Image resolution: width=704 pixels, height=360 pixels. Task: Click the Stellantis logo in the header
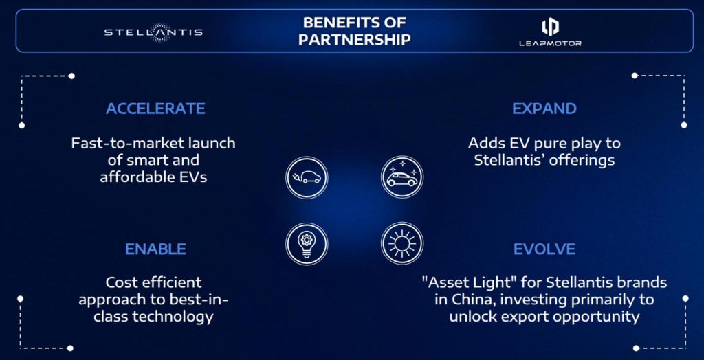coord(153,32)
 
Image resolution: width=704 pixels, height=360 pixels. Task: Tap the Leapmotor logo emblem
coord(550,27)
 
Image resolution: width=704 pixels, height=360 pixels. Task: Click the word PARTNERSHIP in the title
coord(355,39)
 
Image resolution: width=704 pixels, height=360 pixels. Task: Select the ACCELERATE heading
coord(156,109)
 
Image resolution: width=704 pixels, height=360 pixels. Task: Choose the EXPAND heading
coord(544,109)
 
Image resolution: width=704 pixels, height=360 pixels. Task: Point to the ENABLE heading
coord(156,249)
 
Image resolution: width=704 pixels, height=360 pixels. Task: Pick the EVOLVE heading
coord(544,249)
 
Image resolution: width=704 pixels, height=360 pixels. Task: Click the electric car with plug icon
coord(307,177)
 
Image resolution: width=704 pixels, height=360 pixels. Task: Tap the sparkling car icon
coord(401,177)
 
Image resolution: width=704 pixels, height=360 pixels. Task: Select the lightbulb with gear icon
coord(307,244)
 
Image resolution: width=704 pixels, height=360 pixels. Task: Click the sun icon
coord(401,244)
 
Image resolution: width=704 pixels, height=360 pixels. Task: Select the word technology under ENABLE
coord(173,317)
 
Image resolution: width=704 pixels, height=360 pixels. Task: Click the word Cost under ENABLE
coord(120,283)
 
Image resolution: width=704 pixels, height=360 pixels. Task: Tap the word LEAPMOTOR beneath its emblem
coord(550,43)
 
